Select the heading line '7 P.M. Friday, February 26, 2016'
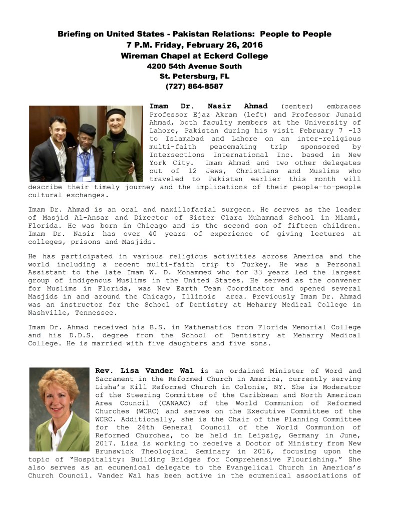click(194, 45)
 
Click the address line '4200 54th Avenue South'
click(194, 66)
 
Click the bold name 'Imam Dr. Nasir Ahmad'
click(209, 106)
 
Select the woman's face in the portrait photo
click(60, 394)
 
